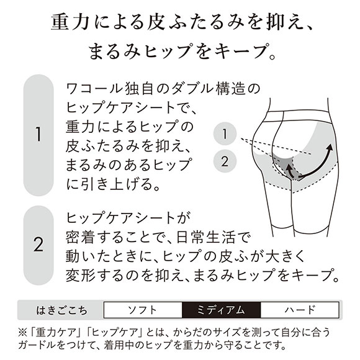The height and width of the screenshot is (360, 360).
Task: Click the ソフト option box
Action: pyautogui.click(x=143, y=310)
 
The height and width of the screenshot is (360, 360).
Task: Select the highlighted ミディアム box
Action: pyautogui.click(x=222, y=310)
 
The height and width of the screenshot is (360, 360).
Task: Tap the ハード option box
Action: pyautogui.click(x=300, y=310)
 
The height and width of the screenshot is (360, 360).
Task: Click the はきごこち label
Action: pyautogui.click(x=62, y=310)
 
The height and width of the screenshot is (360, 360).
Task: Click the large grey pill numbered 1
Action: pyautogui.click(x=38, y=135)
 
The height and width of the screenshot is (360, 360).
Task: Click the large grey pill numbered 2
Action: pyautogui.click(x=38, y=245)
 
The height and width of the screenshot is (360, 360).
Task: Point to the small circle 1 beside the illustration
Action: pyautogui.click(x=225, y=134)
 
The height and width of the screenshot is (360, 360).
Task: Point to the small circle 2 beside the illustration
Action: pyautogui.click(x=225, y=161)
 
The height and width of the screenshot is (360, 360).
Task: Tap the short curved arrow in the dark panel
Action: pyautogui.click(x=289, y=171)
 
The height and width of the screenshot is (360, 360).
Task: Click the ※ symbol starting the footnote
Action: pyautogui.click(x=23, y=332)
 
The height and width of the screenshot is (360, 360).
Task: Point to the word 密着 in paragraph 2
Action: pyautogui.click(x=80, y=237)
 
